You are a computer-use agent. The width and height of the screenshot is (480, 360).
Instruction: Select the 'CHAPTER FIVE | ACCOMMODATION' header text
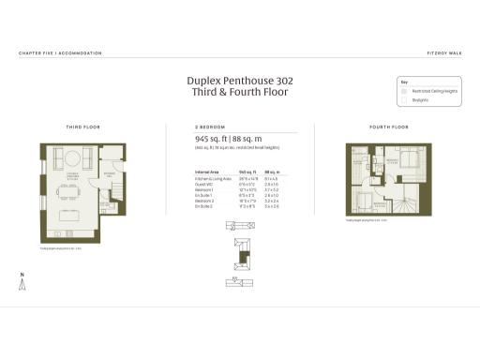[x=60, y=53]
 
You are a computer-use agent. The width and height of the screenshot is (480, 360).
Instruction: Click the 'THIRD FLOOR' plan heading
[x=82, y=126]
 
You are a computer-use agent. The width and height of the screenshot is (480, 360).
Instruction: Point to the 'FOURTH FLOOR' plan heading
[x=389, y=126]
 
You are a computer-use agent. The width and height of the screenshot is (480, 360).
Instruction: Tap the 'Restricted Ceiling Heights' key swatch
[x=406, y=91]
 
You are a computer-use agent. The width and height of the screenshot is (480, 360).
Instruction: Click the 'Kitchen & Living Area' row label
[x=213, y=178]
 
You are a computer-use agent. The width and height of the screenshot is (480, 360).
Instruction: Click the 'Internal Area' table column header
[x=207, y=172]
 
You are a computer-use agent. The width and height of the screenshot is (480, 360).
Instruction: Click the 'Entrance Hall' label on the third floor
[x=110, y=174]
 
